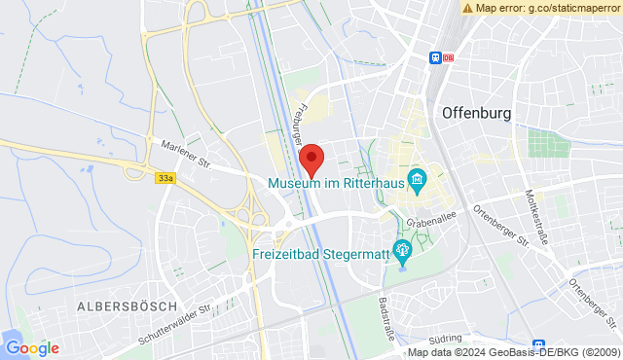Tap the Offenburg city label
click(x=476, y=113)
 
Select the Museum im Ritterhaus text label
click(x=336, y=184)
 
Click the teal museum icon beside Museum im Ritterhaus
click(x=419, y=180)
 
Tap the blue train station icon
click(x=434, y=58)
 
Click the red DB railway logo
click(x=448, y=58)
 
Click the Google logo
click(x=32, y=347)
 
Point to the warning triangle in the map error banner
click(x=468, y=8)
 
